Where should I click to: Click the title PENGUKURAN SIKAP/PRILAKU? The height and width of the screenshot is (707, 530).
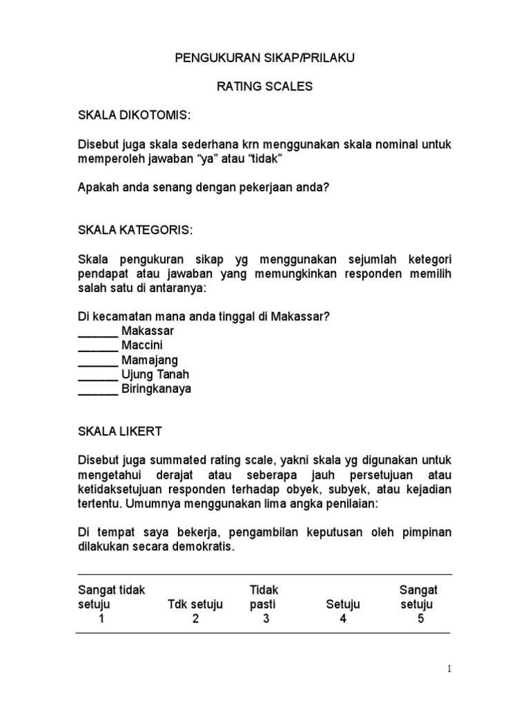coord(264,59)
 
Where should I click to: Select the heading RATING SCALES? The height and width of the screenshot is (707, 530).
coord(264,87)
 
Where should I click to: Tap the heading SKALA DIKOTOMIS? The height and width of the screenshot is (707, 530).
coord(132,115)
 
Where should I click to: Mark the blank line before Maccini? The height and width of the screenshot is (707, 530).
coord(98,345)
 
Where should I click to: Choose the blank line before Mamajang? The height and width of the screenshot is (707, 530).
coord(98,360)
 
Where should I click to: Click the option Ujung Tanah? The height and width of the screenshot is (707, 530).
coord(155,374)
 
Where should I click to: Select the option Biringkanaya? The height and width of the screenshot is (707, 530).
coord(157,389)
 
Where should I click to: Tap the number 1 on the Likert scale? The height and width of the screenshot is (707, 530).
coord(101,619)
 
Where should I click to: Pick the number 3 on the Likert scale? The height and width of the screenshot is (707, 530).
coord(266,619)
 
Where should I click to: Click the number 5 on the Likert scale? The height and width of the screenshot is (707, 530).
coord(421,619)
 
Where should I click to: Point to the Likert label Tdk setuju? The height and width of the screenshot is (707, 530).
coord(195,605)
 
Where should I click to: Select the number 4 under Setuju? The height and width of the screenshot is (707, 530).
coord(343,619)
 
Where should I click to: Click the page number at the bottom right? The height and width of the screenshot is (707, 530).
coord(449,668)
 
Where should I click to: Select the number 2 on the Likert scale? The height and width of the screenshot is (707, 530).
coord(195,619)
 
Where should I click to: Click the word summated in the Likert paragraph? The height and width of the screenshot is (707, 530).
coord(191,460)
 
